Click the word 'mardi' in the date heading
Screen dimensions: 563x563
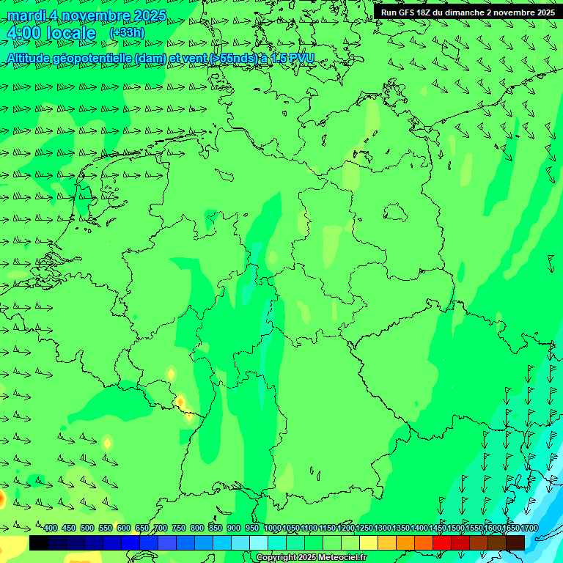coord(26,15)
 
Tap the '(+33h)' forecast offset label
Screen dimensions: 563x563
coord(127,32)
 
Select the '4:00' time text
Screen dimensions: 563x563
coord(23,33)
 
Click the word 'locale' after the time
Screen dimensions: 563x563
coord(71,33)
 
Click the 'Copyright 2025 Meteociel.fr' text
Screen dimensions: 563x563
coord(311,558)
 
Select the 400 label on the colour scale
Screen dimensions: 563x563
coord(51,529)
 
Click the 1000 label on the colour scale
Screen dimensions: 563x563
coord(273,529)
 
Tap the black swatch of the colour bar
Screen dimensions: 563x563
coord(39,542)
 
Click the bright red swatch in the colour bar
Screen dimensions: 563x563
coord(442,542)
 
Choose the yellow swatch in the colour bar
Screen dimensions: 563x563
coord(369,542)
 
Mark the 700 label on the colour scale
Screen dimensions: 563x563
coord(161,529)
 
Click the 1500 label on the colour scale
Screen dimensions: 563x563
coord(455,529)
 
